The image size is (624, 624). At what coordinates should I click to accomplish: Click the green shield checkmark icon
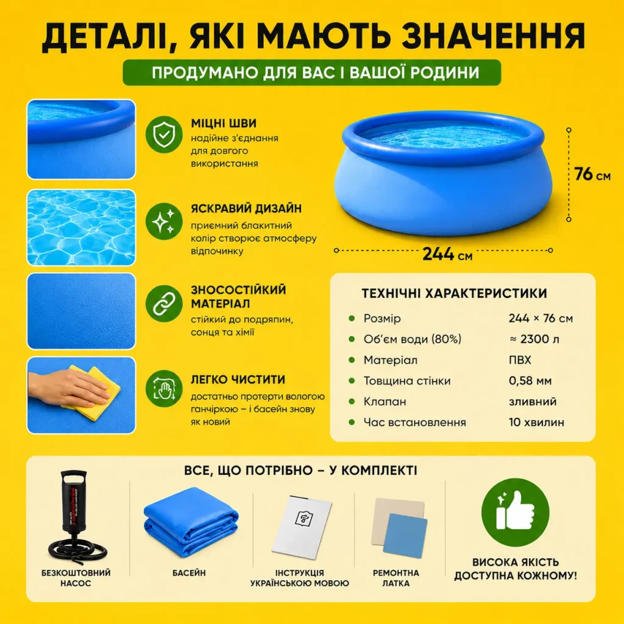(164, 135)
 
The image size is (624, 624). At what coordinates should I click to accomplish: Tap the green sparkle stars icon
(164, 221)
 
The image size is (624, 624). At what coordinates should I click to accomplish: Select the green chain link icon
(164, 303)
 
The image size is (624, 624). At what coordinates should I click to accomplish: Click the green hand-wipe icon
(164, 388)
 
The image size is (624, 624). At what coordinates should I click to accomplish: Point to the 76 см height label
(592, 174)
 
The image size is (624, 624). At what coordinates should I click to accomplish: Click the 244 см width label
(447, 254)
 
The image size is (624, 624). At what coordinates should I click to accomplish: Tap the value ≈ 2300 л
(534, 339)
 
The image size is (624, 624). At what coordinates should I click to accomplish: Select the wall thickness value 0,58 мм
(530, 381)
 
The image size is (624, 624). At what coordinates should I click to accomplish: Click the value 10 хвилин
(536, 422)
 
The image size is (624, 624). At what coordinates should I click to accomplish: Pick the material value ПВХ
(520, 360)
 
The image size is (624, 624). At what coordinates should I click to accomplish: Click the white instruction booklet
(302, 526)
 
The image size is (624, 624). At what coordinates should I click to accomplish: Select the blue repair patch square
(405, 536)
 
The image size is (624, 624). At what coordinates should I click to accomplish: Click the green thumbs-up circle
(516, 512)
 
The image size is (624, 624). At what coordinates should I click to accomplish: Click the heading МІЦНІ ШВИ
(224, 123)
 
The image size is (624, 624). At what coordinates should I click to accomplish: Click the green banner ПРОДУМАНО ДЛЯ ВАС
(311, 73)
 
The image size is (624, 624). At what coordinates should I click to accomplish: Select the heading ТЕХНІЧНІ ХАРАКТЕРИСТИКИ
(454, 293)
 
